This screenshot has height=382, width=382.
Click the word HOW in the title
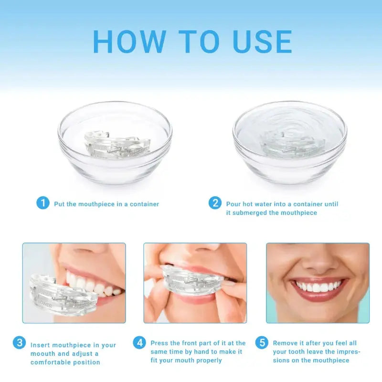coord(129,42)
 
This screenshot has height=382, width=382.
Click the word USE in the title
coord(262,42)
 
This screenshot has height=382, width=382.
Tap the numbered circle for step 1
coord(43,203)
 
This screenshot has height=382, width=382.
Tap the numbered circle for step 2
coord(215,203)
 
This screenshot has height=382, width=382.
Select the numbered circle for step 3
coord(19,342)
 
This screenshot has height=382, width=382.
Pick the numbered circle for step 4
coord(139,342)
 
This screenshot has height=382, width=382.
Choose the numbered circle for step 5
coord(262,342)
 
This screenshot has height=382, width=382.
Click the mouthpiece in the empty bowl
coord(117,145)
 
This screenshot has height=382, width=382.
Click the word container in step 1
coord(144,204)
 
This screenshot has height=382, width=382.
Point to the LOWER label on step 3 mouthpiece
coord(45,304)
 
